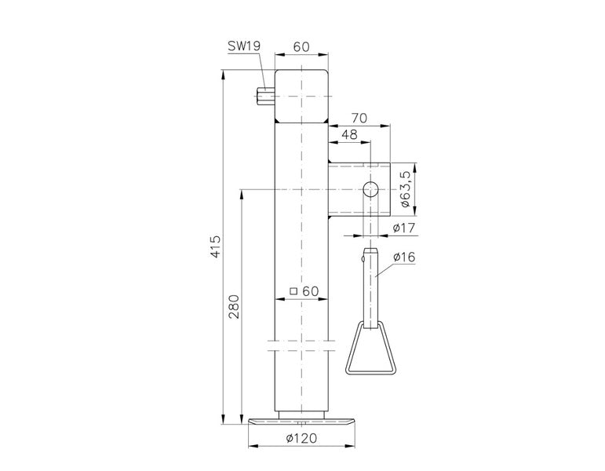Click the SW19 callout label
point(244,46)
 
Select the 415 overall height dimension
point(216,246)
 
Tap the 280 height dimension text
point(234,307)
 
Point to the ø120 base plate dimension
point(301,438)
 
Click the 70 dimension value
point(359,118)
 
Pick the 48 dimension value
point(349,134)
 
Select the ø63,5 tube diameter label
point(405,189)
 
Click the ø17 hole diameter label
point(404,228)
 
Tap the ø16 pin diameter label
point(404,257)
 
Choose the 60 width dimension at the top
point(301,47)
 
